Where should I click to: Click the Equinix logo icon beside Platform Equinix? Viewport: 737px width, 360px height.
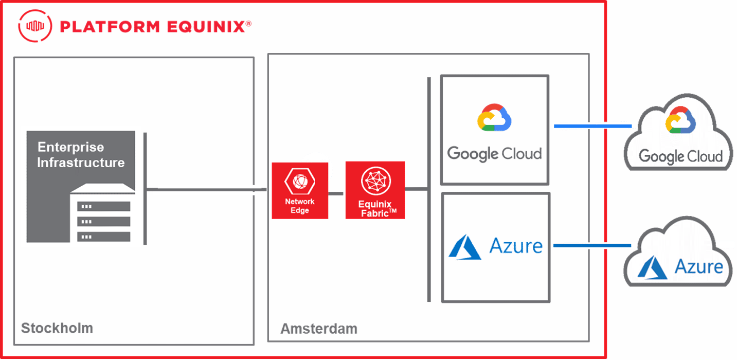pos(35,26)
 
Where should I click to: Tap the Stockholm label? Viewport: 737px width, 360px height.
pos(57,328)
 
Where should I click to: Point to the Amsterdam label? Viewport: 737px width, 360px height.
pos(318,329)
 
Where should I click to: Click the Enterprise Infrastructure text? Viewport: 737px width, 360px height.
pos(81,155)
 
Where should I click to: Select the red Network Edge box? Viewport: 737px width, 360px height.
pos(299,190)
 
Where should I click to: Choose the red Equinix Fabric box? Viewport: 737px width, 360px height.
pos(375,190)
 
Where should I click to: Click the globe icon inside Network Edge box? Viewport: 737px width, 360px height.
pos(299,180)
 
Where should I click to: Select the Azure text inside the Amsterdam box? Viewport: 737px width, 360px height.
pos(516,246)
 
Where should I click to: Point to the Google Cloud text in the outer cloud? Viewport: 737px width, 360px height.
pos(680,156)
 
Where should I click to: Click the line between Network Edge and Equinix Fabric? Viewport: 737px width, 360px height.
pos(336,194)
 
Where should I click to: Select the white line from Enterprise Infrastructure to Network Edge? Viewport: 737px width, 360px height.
pos(206,190)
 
